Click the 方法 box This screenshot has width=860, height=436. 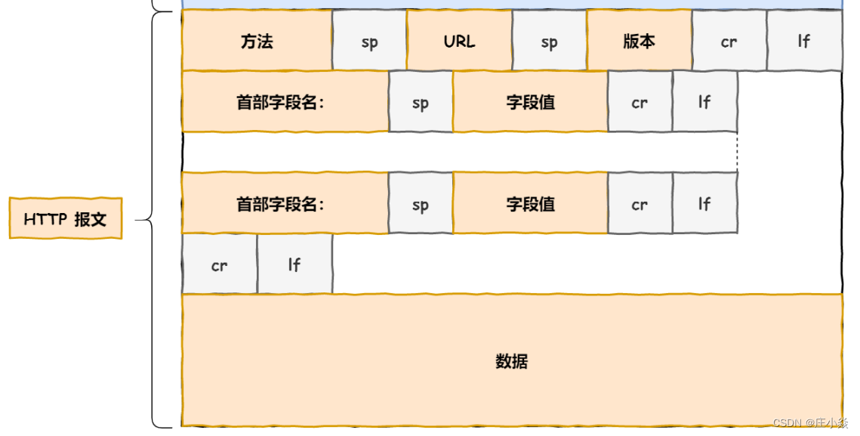click(x=257, y=41)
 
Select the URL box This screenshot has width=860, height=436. click(x=459, y=41)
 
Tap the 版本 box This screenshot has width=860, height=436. click(x=639, y=41)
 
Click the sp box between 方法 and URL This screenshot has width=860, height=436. click(x=369, y=42)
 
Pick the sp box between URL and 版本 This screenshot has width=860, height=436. click(x=549, y=42)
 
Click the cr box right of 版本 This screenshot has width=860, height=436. click(x=729, y=42)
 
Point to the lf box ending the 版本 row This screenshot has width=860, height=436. click(x=804, y=42)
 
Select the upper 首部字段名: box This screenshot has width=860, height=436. click(x=285, y=102)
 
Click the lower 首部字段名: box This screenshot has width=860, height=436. click(x=285, y=204)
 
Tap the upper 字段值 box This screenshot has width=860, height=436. click(x=530, y=102)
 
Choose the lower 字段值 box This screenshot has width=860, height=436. click(x=530, y=204)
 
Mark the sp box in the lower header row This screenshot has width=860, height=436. click(x=421, y=204)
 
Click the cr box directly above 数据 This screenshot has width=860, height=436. click(x=219, y=264)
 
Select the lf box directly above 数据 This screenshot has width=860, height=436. click(x=294, y=264)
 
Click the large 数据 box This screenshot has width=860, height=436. click(x=512, y=361)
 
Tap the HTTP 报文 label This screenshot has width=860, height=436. click(x=66, y=219)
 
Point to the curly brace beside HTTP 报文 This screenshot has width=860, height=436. click(x=148, y=220)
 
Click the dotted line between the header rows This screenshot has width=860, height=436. click(x=737, y=152)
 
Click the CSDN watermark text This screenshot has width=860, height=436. click(x=810, y=424)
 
